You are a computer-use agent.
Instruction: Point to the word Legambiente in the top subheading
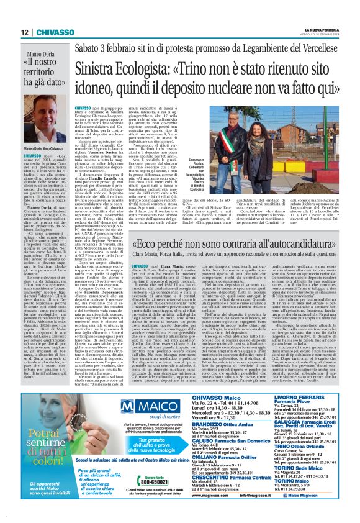[265, 47]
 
